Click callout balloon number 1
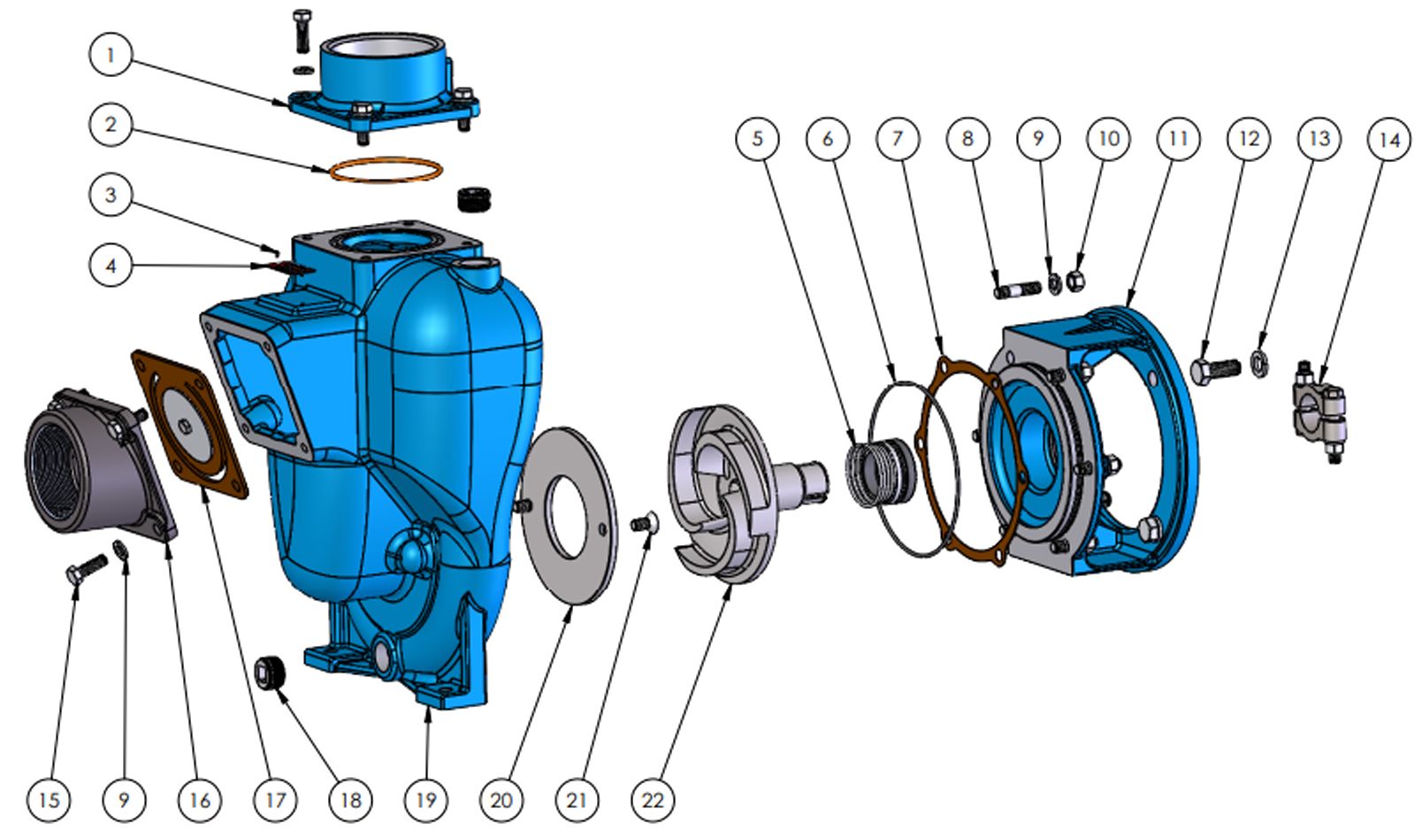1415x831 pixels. click(111, 55)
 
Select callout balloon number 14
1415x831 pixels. click(1388, 140)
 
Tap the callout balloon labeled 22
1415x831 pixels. click(653, 801)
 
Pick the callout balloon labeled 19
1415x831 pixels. click(426, 801)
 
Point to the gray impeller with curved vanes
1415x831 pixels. click(736, 493)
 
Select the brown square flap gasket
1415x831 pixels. click(188, 425)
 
